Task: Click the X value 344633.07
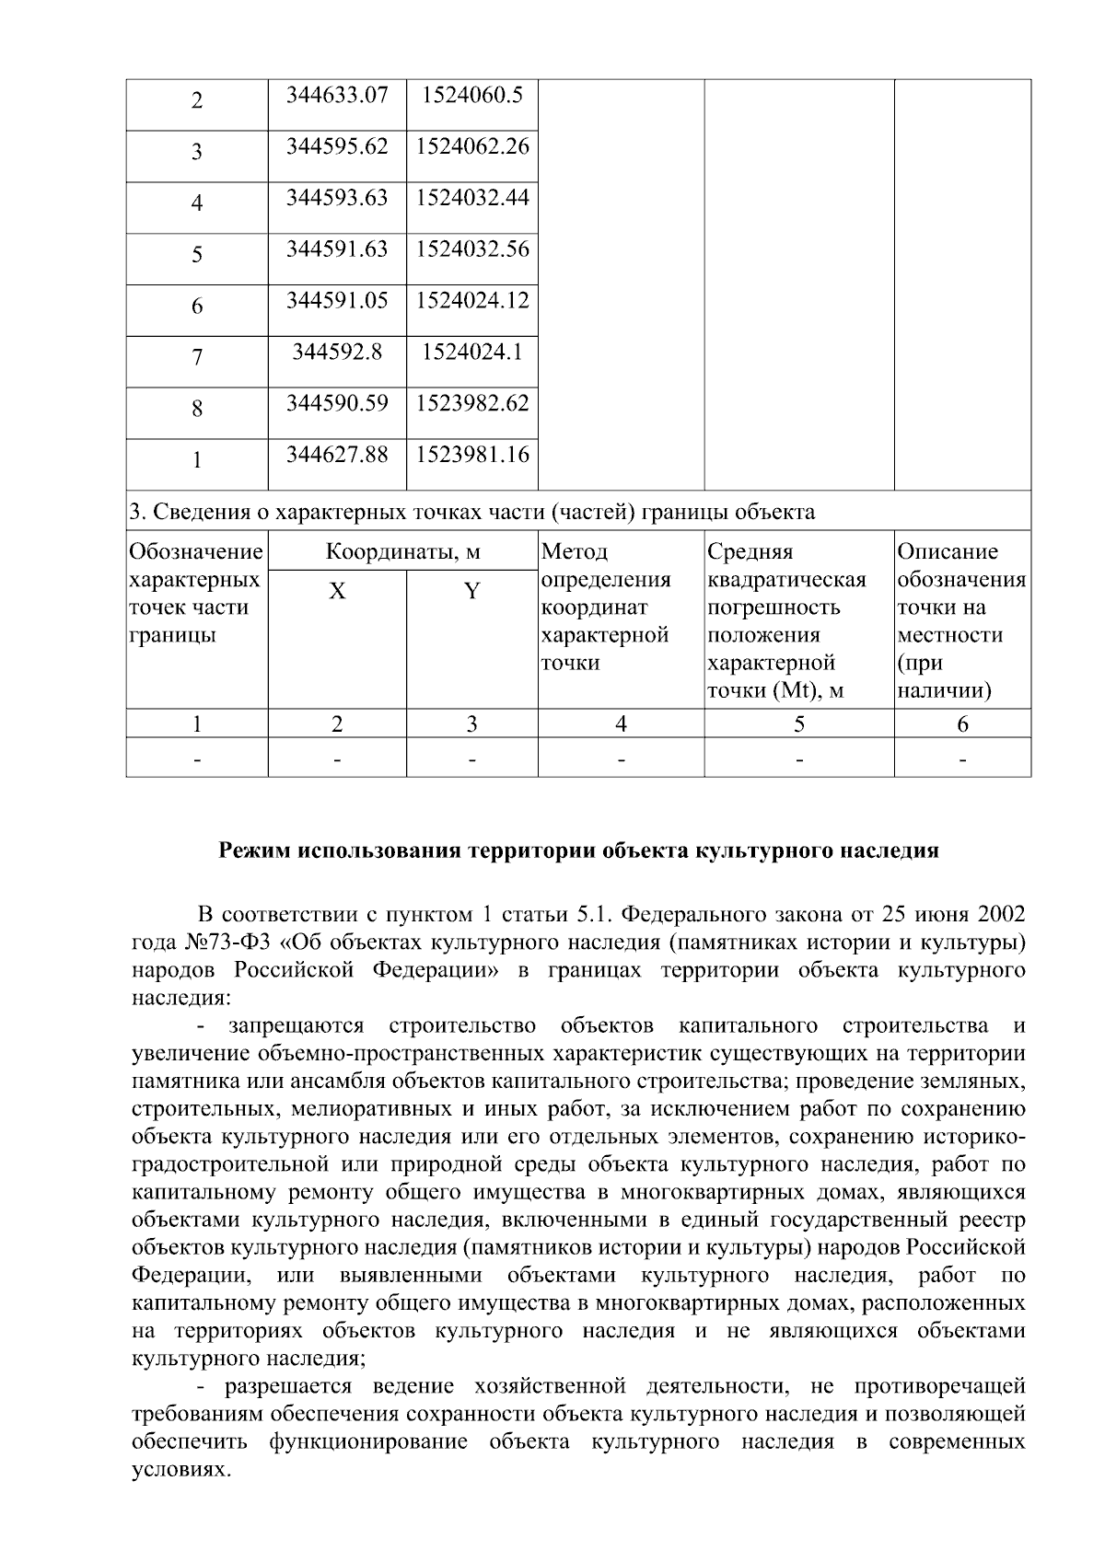pyautogui.click(x=337, y=95)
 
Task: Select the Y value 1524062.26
pyautogui.click(x=472, y=146)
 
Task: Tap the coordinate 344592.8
pyautogui.click(x=337, y=352)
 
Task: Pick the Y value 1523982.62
pyautogui.click(x=472, y=403)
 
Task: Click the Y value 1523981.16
pyautogui.click(x=472, y=455)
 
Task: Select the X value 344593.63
pyautogui.click(x=337, y=198)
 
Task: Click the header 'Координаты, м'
pyautogui.click(x=403, y=552)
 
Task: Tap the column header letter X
pyautogui.click(x=337, y=592)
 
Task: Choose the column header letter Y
pyautogui.click(x=471, y=592)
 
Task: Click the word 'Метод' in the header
pyautogui.click(x=575, y=552)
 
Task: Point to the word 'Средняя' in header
pyautogui.click(x=750, y=552)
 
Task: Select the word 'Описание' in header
pyautogui.click(x=948, y=552)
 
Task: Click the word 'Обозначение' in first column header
pyautogui.click(x=196, y=552)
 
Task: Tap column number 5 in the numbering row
pyautogui.click(x=798, y=725)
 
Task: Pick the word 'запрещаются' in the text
pyautogui.click(x=296, y=1026)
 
